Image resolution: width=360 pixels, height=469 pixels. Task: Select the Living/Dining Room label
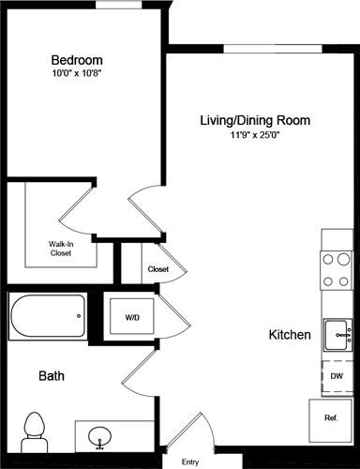[x=254, y=120]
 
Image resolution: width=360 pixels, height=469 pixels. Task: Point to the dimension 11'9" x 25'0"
[x=254, y=136]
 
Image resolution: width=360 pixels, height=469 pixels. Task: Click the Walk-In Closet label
[x=62, y=249]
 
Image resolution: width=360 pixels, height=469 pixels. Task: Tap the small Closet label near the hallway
[x=158, y=269]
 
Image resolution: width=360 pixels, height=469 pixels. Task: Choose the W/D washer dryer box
[x=132, y=318]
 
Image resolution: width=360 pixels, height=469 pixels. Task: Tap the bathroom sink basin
[x=100, y=436]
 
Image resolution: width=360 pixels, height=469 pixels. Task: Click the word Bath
[x=51, y=376]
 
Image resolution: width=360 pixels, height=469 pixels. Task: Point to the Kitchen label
[x=290, y=335]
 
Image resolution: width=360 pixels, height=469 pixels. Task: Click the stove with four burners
[x=335, y=270]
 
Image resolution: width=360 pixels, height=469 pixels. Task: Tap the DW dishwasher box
[x=336, y=375]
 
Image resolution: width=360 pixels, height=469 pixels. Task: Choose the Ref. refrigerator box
[x=331, y=417]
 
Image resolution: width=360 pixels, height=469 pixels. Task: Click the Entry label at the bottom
[x=190, y=461]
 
